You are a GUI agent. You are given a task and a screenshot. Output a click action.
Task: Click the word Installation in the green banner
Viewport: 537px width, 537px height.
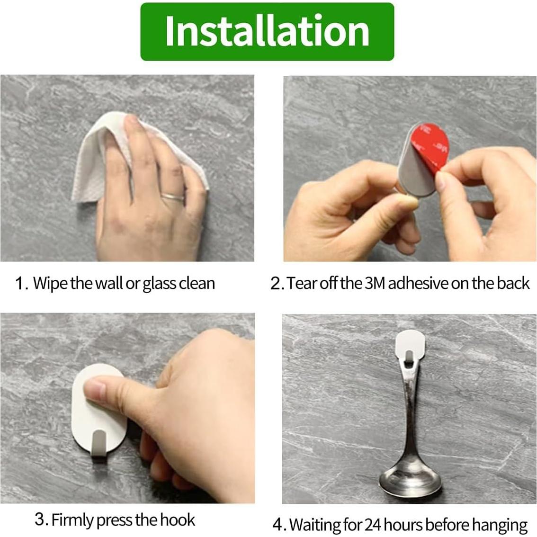pos(267,31)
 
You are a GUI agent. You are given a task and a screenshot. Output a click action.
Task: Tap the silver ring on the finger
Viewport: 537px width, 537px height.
pos(172,197)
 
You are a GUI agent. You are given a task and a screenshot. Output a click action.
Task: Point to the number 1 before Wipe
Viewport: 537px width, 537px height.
pos(20,284)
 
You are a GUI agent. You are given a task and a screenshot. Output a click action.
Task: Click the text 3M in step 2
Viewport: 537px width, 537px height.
pos(376,283)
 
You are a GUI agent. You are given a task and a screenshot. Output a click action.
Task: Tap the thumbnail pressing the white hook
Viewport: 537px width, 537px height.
pos(95,391)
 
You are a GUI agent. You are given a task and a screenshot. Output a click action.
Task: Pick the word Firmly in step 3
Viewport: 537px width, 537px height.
pos(72,520)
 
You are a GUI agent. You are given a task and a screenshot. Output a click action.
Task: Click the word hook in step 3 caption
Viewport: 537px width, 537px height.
pos(178,519)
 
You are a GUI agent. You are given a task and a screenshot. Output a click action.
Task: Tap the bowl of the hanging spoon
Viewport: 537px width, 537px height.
pos(410,479)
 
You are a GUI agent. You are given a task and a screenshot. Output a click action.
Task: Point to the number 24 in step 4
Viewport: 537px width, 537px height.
pos(373,525)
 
